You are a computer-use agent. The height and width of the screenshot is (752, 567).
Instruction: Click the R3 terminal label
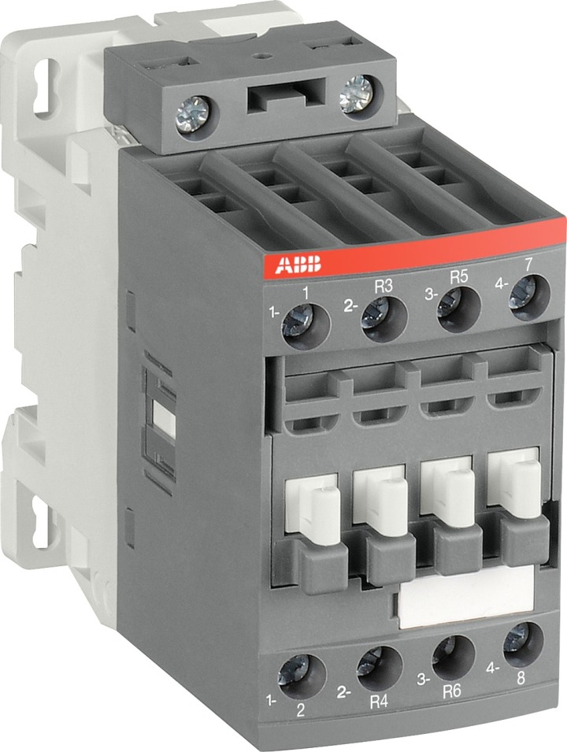(x=382, y=287)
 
